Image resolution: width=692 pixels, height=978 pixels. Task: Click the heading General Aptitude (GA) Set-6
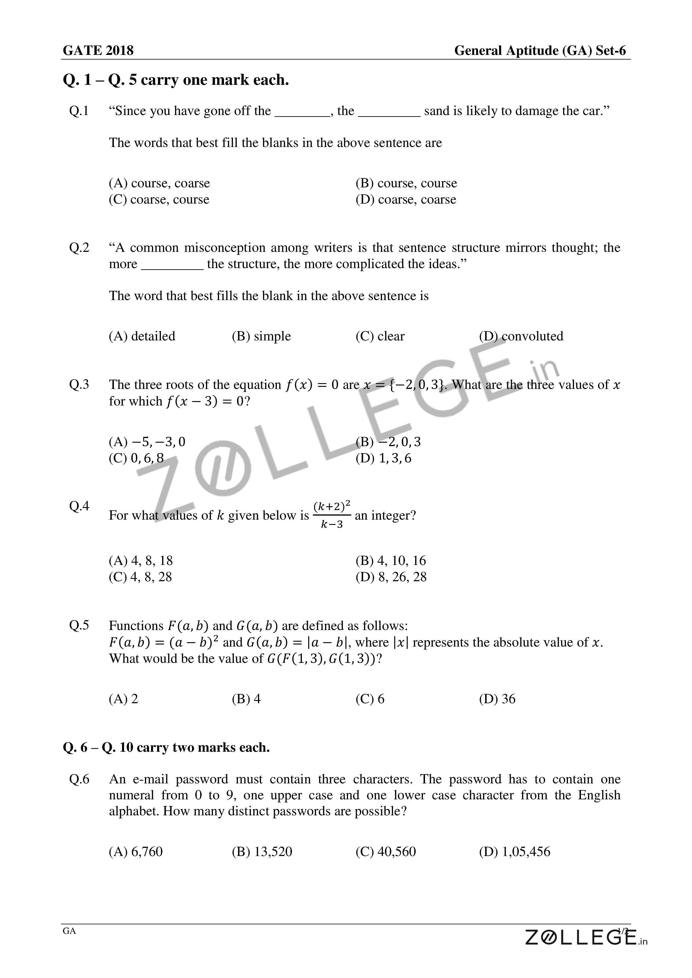[x=540, y=51]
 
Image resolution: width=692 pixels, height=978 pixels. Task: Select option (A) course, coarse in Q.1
[x=159, y=183]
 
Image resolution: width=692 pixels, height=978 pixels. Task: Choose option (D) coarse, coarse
[x=406, y=199]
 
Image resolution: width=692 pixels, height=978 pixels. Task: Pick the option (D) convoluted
[x=521, y=336]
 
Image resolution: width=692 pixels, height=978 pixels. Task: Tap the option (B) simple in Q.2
[x=261, y=336]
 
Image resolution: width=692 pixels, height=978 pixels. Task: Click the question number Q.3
[x=79, y=384]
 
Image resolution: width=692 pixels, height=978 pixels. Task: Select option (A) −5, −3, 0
[x=147, y=442]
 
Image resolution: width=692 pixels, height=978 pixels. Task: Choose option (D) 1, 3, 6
[x=383, y=458]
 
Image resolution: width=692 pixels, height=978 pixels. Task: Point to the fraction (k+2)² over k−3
[x=332, y=515]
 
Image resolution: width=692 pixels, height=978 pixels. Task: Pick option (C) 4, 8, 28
[x=140, y=577]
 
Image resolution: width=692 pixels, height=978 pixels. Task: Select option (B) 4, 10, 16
[x=391, y=561]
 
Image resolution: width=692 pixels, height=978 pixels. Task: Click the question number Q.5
[x=79, y=625]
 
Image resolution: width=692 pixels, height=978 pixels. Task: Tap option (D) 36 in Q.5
[x=497, y=699]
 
